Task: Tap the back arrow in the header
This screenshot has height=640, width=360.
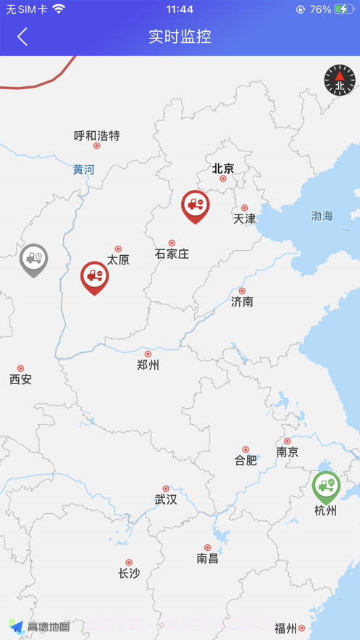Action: point(22,36)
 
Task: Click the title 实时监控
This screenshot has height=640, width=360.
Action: point(180,36)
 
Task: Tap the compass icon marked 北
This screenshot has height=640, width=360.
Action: point(340,80)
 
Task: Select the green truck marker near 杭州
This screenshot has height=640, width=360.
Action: point(326,486)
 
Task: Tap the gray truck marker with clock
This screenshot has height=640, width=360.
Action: point(33,259)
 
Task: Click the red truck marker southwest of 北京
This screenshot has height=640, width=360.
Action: point(195,205)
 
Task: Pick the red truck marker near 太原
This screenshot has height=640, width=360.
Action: point(94,276)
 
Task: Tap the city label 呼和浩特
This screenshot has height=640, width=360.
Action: point(96,136)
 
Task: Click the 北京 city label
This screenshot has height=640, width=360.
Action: point(223,168)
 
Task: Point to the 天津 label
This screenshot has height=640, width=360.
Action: point(244,218)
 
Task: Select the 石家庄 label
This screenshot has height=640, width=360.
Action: point(172,254)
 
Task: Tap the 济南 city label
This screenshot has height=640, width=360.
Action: point(242,302)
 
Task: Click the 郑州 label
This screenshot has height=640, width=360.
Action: point(148,365)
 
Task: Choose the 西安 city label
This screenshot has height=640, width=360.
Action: point(20,379)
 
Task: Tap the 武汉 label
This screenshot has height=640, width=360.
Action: point(165,499)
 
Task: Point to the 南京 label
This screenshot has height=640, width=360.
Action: point(287,452)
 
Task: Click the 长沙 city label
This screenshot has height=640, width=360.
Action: point(129,573)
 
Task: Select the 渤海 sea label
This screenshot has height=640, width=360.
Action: point(322,215)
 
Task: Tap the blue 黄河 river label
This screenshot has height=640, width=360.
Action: point(83,170)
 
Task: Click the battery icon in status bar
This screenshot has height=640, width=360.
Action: point(344,9)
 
